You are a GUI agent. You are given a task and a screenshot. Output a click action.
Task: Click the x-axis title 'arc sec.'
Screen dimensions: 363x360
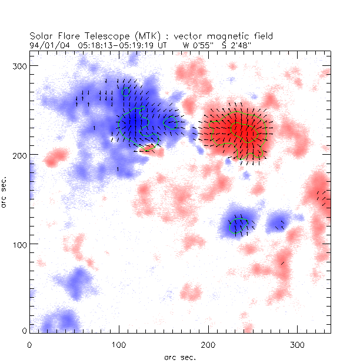coord(179,357)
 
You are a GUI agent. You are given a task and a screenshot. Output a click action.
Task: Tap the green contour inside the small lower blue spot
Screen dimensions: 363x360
coord(240,224)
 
